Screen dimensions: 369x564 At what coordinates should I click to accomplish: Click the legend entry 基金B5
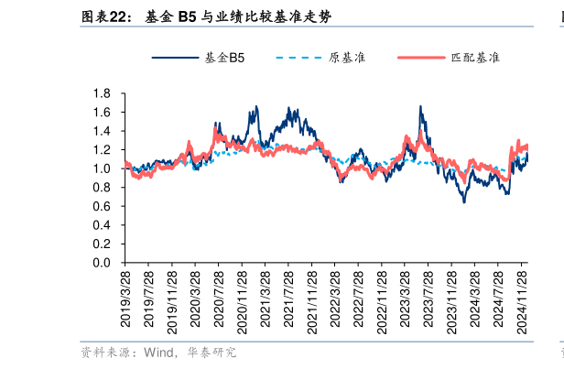tap(223, 58)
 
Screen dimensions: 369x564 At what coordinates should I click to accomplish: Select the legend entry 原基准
tap(347, 58)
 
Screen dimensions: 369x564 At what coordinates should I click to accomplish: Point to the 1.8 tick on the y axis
tap(102, 93)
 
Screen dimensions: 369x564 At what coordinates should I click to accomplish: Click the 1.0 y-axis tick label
tap(102, 168)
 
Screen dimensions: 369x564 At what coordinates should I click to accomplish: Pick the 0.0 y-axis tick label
tap(102, 263)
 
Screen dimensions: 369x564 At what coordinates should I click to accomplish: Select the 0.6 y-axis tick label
tap(102, 206)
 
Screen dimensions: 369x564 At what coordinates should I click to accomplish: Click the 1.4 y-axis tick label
tap(102, 131)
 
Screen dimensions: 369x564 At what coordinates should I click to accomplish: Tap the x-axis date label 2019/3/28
tap(126, 299)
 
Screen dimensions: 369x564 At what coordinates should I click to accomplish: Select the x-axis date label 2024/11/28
tap(521, 299)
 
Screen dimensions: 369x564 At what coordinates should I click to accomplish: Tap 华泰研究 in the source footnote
tap(212, 353)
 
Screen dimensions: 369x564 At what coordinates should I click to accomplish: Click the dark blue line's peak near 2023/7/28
tap(420, 107)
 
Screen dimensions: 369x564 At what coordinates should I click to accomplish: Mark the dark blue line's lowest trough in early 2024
tap(464, 201)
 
